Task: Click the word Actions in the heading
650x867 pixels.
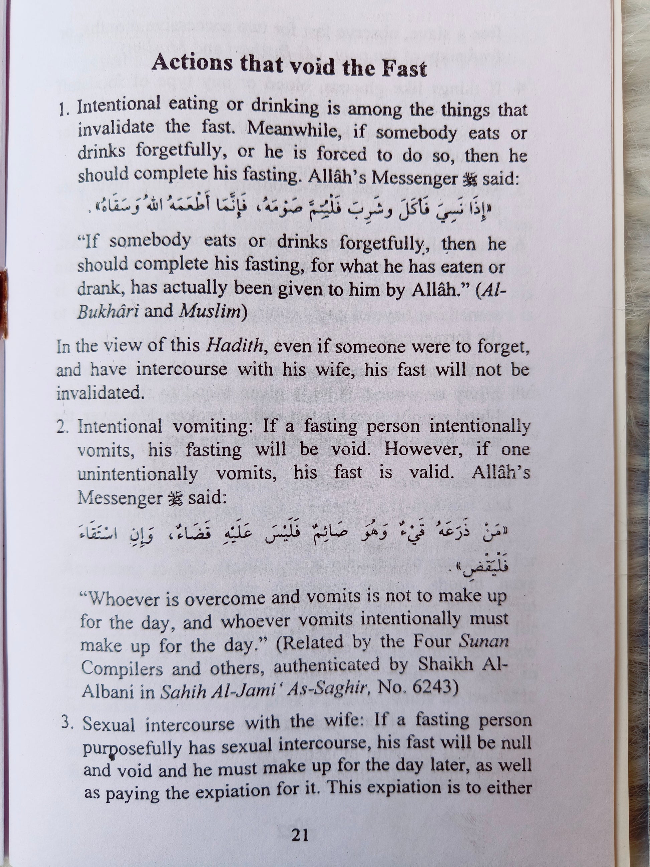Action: (x=192, y=62)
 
